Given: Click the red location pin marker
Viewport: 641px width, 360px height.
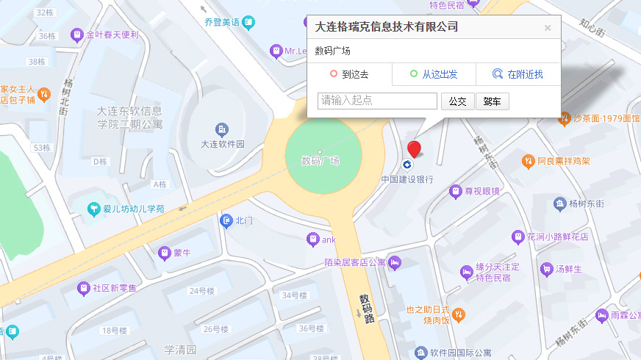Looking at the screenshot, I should point(415,149).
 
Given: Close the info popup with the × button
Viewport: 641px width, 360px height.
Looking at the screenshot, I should point(547,28).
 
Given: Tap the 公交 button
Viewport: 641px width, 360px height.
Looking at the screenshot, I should point(457,101).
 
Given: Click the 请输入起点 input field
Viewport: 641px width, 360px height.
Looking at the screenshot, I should point(378,101).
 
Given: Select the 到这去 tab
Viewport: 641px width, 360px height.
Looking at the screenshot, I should point(349,74).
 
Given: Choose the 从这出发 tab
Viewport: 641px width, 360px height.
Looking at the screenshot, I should point(433,74).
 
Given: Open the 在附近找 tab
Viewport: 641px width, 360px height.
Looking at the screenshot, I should point(518,74).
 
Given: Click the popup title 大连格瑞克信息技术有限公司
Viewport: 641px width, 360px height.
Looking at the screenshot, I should point(387,27).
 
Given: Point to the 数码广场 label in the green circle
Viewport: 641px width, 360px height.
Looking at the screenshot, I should point(321,161).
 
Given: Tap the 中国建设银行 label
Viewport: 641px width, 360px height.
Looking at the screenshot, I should point(407,179).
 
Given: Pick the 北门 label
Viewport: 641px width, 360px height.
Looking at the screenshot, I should point(244,220).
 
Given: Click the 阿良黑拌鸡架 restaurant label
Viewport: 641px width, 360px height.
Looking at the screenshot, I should point(563,161).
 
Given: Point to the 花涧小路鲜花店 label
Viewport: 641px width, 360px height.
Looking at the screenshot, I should point(557,237).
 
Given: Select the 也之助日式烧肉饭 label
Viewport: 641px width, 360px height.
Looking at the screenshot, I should point(427,315).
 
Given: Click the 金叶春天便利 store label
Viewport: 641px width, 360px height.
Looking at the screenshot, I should point(112,35).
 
